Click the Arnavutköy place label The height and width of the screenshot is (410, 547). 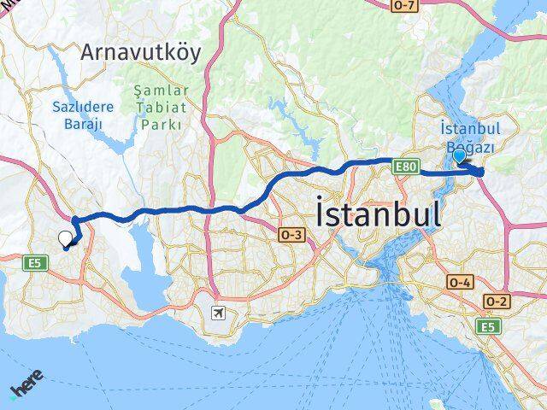(x=142, y=53)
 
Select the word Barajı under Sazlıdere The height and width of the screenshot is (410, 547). (x=83, y=124)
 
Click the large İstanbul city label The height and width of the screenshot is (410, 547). (x=378, y=214)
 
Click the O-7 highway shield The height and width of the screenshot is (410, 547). (x=404, y=7)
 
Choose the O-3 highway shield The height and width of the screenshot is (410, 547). (x=291, y=233)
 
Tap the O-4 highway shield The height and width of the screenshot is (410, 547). (x=459, y=281)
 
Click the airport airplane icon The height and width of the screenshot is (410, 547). (x=220, y=313)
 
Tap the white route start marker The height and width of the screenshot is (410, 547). (x=66, y=239)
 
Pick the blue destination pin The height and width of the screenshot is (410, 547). (x=460, y=156)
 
